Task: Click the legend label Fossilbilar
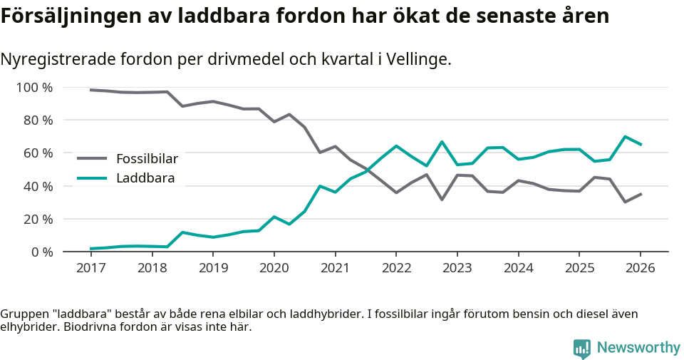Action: click(x=147, y=158)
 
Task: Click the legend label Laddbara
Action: click(x=145, y=178)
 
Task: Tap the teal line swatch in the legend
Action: click(x=92, y=178)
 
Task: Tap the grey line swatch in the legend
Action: click(x=92, y=158)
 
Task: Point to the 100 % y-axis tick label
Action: click(x=34, y=88)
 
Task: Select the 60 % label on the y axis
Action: click(x=38, y=153)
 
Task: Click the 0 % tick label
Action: click(x=41, y=252)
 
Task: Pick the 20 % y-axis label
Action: click(x=38, y=219)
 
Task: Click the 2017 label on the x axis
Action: click(x=90, y=268)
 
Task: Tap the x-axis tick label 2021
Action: click(x=335, y=268)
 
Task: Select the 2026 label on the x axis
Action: click(x=640, y=268)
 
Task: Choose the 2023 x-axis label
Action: click(x=457, y=268)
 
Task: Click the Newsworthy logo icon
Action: click(x=581, y=348)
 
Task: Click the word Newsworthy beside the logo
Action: click(x=638, y=348)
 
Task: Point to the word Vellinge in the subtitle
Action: click(x=420, y=60)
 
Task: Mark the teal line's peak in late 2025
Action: click(x=625, y=137)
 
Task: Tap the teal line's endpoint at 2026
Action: click(x=641, y=145)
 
